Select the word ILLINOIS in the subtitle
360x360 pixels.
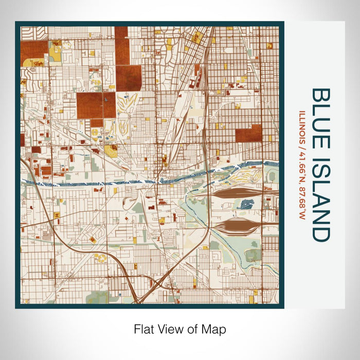[301, 125]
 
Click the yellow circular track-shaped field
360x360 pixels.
[101, 257]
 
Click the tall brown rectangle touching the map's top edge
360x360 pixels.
[121, 45]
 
